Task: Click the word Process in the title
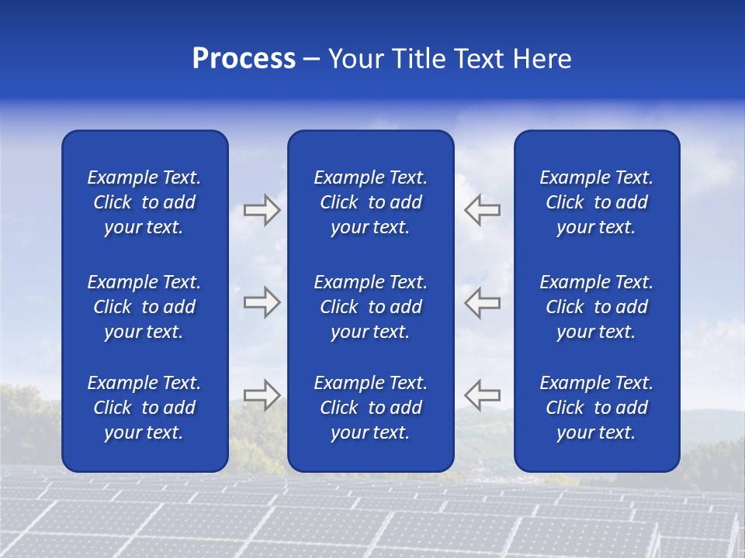pyautogui.click(x=244, y=59)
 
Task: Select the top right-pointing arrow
pyautogui.click(x=262, y=210)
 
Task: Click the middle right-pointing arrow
pyautogui.click(x=262, y=302)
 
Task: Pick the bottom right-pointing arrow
pyautogui.click(x=262, y=395)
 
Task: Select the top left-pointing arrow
pyautogui.click(x=483, y=210)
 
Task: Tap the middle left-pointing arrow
pyautogui.click(x=483, y=302)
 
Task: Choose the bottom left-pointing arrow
pyautogui.click(x=483, y=395)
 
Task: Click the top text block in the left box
pyautogui.click(x=144, y=202)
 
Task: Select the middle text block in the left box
pyautogui.click(x=144, y=307)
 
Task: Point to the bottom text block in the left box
pyautogui.click(x=144, y=408)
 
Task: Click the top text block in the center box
pyautogui.click(x=371, y=202)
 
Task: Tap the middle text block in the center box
pyautogui.click(x=371, y=307)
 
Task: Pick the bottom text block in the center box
pyautogui.click(x=371, y=408)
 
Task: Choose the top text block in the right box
pyautogui.click(x=597, y=202)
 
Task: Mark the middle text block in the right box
pyautogui.click(x=597, y=307)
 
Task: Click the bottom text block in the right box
pyautogui.click(x=597, y=408)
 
